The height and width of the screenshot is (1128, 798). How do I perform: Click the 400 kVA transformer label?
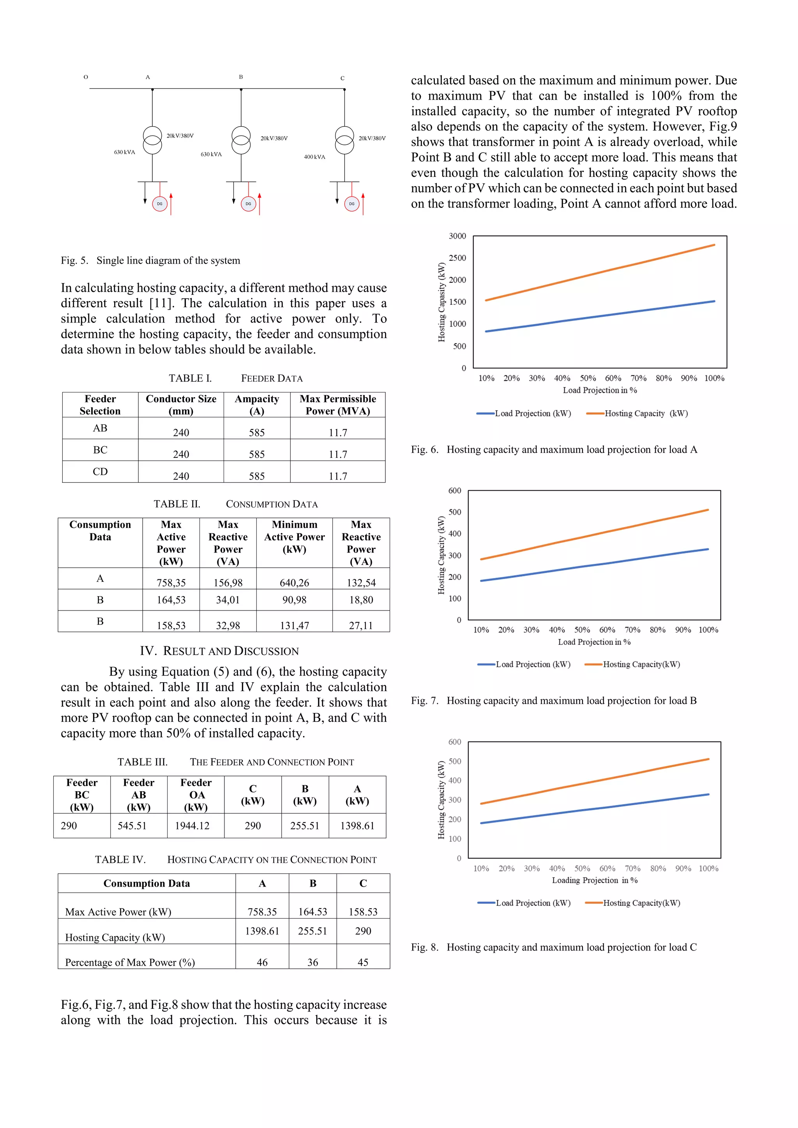point(314,157)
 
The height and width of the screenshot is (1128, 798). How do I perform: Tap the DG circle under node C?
point(351,204)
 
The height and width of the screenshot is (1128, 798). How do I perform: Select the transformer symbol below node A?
point(152,140)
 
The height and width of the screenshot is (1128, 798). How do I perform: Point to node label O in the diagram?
point(86,77)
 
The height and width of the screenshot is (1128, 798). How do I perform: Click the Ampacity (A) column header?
point(257,405)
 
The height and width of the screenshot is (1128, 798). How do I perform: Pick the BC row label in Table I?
point(100,450)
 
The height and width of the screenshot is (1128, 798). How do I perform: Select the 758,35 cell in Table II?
point(171,582)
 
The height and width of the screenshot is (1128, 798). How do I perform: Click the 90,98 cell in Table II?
point(294,600)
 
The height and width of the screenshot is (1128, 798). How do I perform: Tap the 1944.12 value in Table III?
point(192,826)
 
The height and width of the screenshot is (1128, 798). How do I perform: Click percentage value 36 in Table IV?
point(313,962)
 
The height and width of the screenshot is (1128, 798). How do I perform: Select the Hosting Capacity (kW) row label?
point(115,937)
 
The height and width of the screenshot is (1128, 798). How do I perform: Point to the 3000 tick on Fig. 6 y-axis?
point(457,236)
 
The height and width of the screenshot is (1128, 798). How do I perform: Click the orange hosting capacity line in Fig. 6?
point(600,273)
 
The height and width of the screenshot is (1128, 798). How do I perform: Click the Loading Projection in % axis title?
point(595,880)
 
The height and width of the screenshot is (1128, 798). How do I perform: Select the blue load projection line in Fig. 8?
point(595,809)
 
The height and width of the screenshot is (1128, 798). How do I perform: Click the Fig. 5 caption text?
point(150,260)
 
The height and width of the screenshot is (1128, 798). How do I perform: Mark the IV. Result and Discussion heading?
point(219,651)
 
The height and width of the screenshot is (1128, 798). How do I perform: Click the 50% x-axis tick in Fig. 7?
point(582,630)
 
